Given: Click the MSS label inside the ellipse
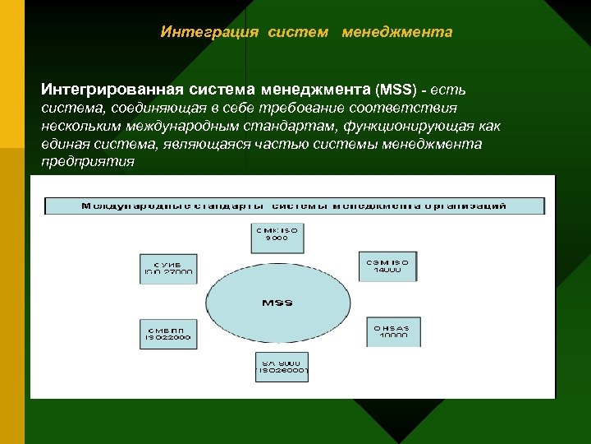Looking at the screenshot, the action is (277, 303).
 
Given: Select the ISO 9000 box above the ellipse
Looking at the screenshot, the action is (277, 236).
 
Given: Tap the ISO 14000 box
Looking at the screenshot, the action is (388, 266).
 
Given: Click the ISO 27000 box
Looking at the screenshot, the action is (168, 266).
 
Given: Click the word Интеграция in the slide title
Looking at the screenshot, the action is (209, 32).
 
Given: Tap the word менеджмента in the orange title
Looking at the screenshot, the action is (397, 32).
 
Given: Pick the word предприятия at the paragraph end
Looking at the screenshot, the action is (88, 161).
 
